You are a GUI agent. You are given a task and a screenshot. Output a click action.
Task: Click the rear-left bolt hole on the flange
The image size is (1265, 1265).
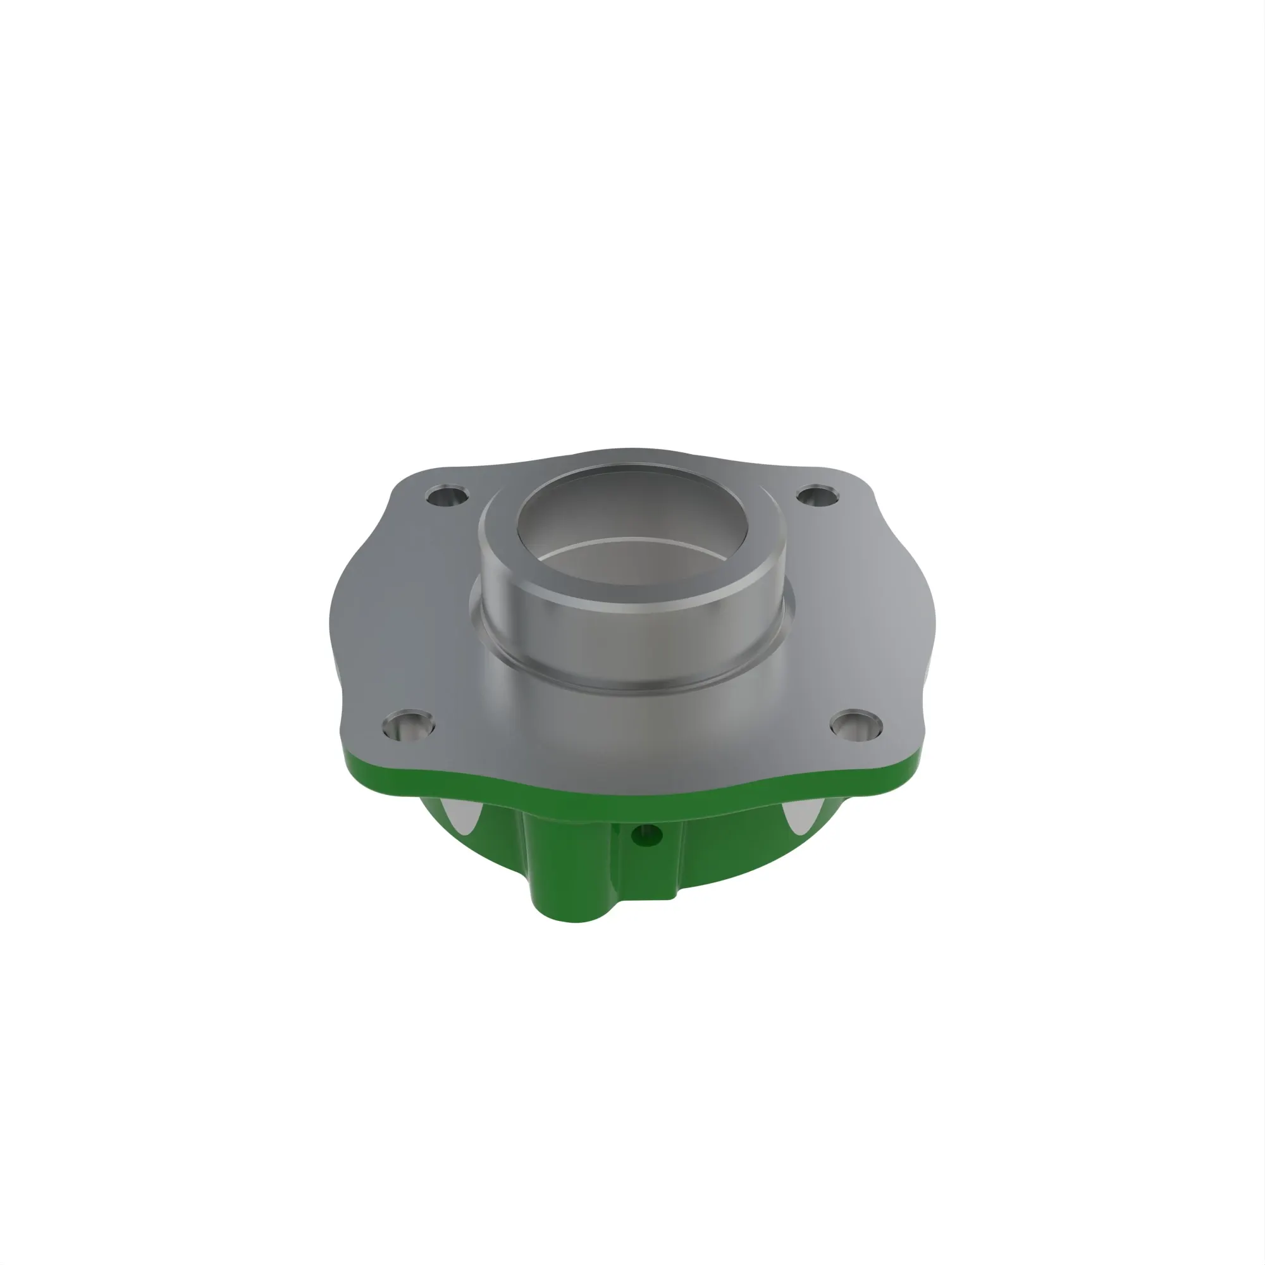[x=447, y=496]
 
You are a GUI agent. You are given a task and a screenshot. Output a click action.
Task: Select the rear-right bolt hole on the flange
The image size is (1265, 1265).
[x=819, y=496]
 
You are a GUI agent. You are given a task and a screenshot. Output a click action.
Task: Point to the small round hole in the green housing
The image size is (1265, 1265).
[x=646, y=835]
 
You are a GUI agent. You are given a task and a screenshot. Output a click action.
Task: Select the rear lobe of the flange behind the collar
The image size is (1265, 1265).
[x=629, y=457]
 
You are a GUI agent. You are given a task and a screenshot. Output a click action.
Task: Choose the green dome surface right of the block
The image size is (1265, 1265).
[x=733, y=844]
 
